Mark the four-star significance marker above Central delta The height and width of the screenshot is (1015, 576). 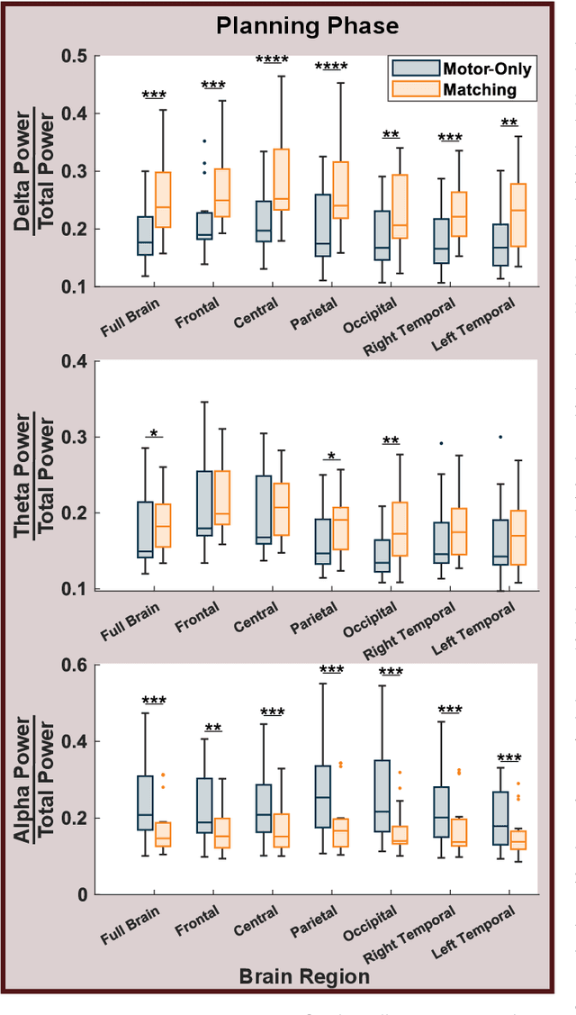click(x=272, y=59)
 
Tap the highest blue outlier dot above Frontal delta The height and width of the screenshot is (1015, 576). click(x=204, y=141)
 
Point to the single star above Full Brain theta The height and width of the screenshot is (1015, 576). click(x=154, y=434)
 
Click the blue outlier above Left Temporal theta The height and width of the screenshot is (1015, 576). click(x=499, y=437)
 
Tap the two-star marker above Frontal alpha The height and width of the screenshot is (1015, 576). click(x=213, y=727)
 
